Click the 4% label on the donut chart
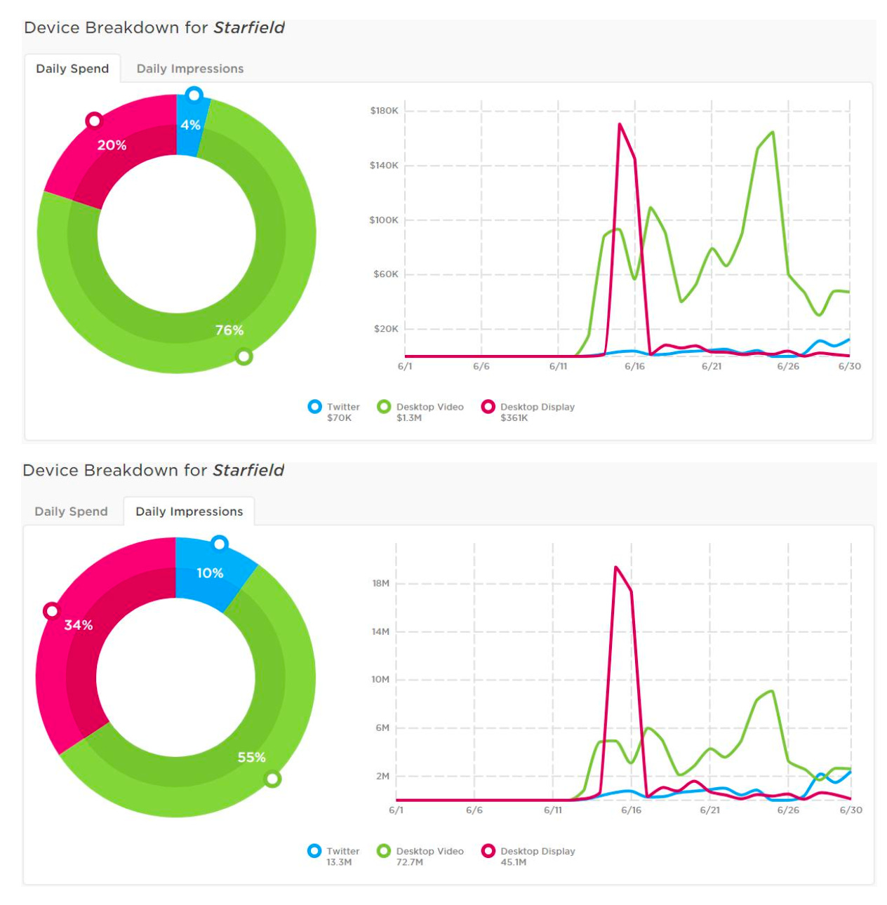(x=190, y=125)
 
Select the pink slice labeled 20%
(x=112, y=145)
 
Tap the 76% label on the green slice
(x=229, y=330)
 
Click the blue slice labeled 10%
(x=210, y=572)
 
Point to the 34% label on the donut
(x=78, y=624)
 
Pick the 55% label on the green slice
(x=251, y=757)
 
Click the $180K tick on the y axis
(x=384, y=111)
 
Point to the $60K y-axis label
(x=385, y=274)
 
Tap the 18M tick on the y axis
(x=380, y=583)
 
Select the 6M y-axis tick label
(x=382, y=728)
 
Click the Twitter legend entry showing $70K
(x=334, y=412)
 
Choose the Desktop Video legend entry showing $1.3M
(x=420, y=412)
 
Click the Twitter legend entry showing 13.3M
(x=334, y=856)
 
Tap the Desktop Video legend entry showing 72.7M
(x=420, y=856)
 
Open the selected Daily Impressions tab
(x=189, y=511)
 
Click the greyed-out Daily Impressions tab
(x=189, y=69)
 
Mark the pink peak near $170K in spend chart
(x=620, y=124)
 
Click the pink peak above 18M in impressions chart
(x=615, y=567)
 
